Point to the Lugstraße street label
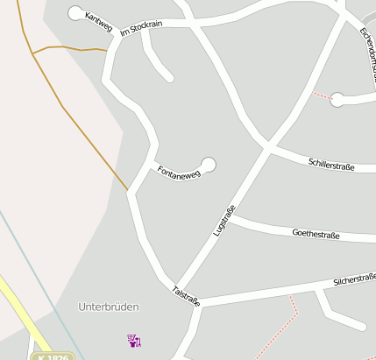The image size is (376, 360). (224, 221)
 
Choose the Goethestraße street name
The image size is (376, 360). (315, 234)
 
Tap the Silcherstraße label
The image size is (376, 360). (354, 280)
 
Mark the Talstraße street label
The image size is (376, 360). (187, 295)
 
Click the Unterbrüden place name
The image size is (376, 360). (109, 307)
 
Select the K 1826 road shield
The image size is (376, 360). (52, 356)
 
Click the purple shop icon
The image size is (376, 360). (134, 340)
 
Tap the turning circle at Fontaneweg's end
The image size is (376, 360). (209, 163)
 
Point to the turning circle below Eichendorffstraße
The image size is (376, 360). (337, 100)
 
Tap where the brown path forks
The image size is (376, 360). (33, 54)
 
